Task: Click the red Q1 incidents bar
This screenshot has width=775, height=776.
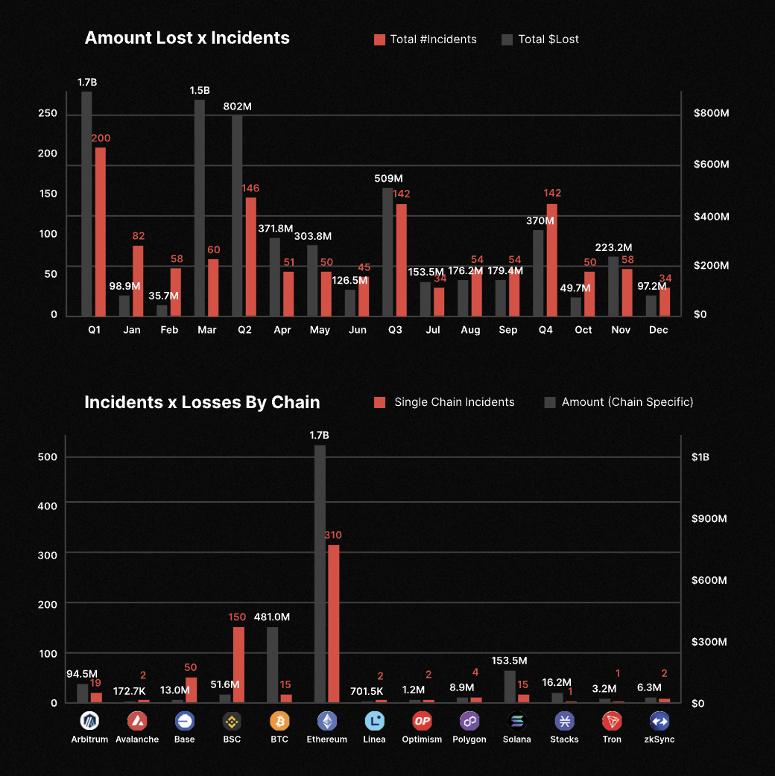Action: pos(100,231)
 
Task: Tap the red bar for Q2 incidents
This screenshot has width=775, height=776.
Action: pos(250,256)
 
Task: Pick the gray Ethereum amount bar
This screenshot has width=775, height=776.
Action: pos(320,573)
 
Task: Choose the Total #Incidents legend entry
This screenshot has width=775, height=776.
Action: pos(425,39)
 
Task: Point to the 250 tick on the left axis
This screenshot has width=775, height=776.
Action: pos(48,113)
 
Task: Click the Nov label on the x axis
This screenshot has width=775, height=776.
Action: pos(621,329)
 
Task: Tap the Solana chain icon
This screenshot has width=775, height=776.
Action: pos(517,721)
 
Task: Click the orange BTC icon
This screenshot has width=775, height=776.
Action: pos(279,721)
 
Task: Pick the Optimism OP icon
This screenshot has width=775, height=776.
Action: pos(423,721)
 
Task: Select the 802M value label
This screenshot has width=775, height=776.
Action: pos(238,106)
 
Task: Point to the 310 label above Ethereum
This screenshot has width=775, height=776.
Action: pos(333,535)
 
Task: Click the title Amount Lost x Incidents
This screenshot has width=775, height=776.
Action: pos(187,38)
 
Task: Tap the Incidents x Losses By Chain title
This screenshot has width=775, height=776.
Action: pos(202,402)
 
